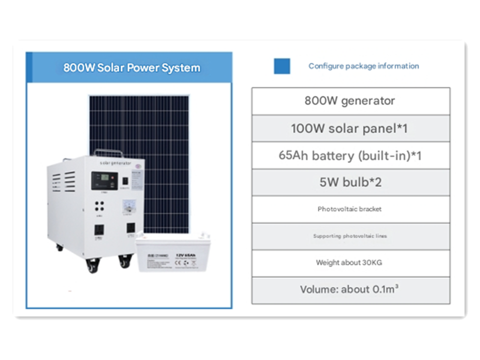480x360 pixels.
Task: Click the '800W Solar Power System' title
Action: coord(131,67)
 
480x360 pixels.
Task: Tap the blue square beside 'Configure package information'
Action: coord(282,66)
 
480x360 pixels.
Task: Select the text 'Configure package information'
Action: coord(363,66)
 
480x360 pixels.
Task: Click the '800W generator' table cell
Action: coord(350,101)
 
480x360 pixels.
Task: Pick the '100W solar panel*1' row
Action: coord(350,128)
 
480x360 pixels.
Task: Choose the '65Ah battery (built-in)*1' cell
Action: coord(350,155)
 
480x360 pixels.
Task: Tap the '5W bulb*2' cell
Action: coord(350,182)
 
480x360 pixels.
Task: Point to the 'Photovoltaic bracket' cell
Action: coord(350,209)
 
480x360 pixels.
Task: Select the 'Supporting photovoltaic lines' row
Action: coord(350,236)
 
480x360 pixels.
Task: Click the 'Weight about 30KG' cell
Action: coord(350,262)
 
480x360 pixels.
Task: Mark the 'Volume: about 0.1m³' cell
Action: coord(350,289)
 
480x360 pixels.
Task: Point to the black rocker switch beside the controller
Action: coord(125,179)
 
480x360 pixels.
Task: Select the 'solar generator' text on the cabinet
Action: coord(115,163)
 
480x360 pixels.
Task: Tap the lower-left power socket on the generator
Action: coord(99,230)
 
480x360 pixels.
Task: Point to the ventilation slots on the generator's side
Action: coord(69,182)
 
